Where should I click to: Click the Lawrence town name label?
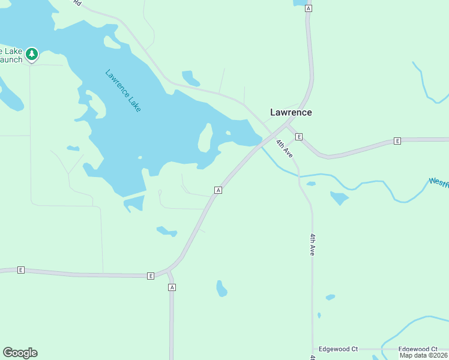(x=291, y=112)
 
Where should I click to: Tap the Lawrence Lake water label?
(x=123, y=91)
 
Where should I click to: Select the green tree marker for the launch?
(x=32, y=55)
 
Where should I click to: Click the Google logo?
(x=20, y=353)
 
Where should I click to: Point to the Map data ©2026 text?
(x=424, y=355)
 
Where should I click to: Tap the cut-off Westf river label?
(x=438, y=182)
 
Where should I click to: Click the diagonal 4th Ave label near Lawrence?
(x=284, y=148)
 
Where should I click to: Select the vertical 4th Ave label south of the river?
(x=313, y=245)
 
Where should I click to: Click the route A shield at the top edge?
(x=309, y=8)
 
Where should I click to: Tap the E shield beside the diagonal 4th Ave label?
(x=298, y=137)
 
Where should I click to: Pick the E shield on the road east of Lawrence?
(x=397, y=140)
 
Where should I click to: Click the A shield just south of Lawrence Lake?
(x=218, y=190)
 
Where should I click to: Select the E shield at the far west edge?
(x=21, y=270)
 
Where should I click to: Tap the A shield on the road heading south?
(x=172, y=287)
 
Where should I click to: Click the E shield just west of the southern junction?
(x=151, y=275)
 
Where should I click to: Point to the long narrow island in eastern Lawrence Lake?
(x=205, y=137)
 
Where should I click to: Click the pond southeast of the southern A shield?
(x=221, y=289)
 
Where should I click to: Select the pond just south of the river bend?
(x=339, y=197)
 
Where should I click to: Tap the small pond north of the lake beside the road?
(x=190, y=78)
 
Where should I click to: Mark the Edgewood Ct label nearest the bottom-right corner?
(x=418, y=349)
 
